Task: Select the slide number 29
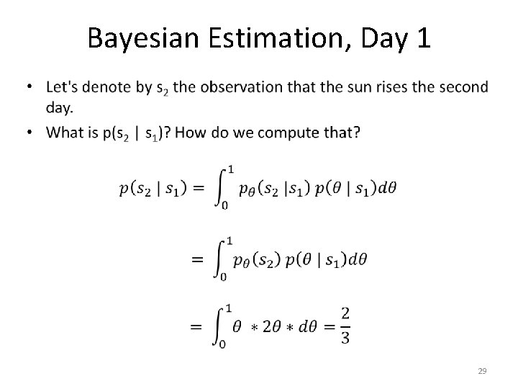[x=482, y=371]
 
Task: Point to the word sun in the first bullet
[x=356, y=88]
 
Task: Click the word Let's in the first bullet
[x=63, y=88]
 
